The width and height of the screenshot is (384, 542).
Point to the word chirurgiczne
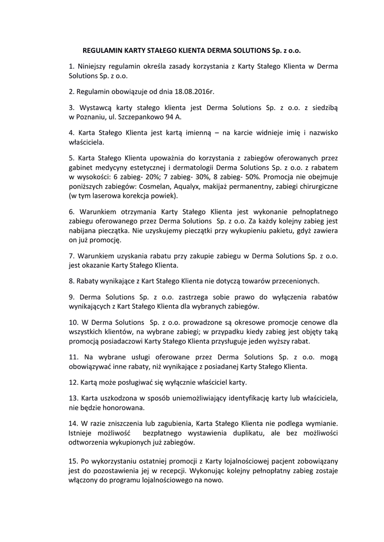[319, 187]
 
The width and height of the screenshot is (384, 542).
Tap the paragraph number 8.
[72, 281]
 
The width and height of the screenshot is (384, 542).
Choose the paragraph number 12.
[74, 382]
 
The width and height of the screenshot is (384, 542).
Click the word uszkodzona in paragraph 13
[117, 398]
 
